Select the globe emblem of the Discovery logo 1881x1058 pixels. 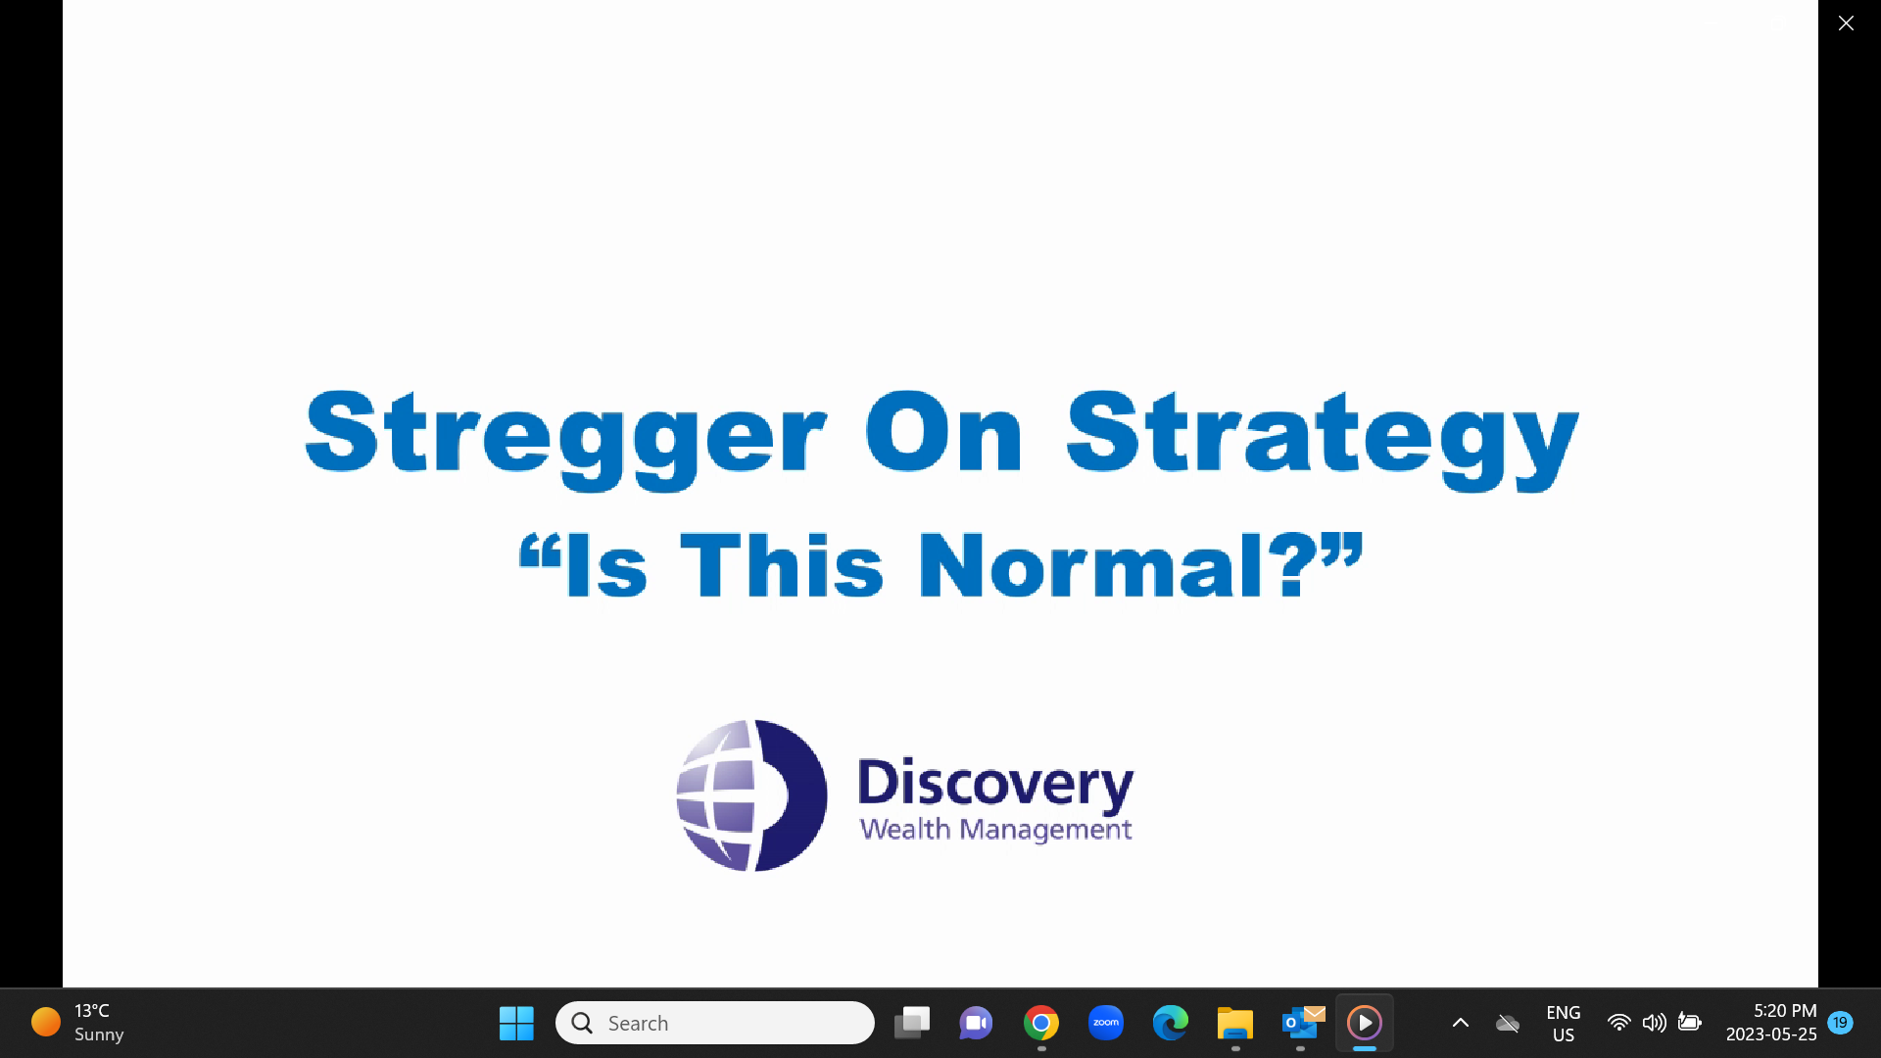[751, 795]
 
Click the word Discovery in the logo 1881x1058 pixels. [995, 784]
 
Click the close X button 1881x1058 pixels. [1846, 24]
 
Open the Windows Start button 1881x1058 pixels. [516, 1024]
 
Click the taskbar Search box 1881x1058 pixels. [715, 1023]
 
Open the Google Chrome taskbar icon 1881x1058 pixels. [1041, 1024]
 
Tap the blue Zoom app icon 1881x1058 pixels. [1106, 1023]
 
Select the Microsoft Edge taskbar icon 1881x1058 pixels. [1171, 1024]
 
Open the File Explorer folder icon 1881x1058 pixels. [1235, 1024]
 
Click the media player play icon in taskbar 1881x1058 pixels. [1365, 1023]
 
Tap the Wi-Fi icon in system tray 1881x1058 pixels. [1619, 1023]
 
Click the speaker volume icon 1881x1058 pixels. [1654, 1023]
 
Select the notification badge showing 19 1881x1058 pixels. [1841, 1023]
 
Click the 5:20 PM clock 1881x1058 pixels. [1785, 1011]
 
